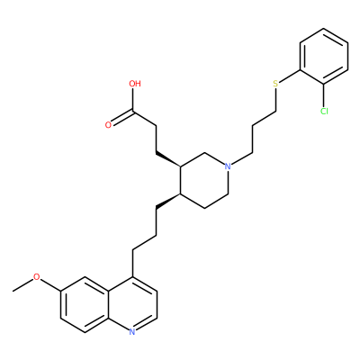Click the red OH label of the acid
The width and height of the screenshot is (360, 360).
tap(135, 84)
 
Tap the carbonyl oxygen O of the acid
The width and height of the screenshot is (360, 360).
tap(108, 125)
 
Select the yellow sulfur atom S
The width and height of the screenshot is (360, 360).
tap(275, 84)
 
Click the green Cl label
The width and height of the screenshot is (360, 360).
tap(324, 112)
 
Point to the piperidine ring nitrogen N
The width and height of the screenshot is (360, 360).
tap(228, 166)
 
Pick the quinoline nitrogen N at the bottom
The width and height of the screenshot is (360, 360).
tap(132, 331)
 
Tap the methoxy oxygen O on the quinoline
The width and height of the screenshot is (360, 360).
tap(36, 276)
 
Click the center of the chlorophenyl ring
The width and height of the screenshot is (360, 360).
tap(324, 56)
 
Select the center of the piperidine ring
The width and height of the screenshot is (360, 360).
tap(204, 180)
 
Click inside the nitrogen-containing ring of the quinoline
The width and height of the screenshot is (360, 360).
tap(132, 304)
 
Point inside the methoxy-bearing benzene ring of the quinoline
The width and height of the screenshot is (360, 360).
tap(85, 304)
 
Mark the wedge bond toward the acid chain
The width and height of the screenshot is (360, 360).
tap(168, 159)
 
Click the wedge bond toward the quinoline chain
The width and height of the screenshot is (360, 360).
tap(168, 201)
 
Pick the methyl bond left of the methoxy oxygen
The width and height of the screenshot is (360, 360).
tap(24, 283)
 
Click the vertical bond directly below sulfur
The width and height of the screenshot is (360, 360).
tap(276, 100)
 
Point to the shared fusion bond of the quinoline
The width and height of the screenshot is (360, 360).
tap(108, 304)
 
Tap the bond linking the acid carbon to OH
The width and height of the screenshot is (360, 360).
tap(132, 100)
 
